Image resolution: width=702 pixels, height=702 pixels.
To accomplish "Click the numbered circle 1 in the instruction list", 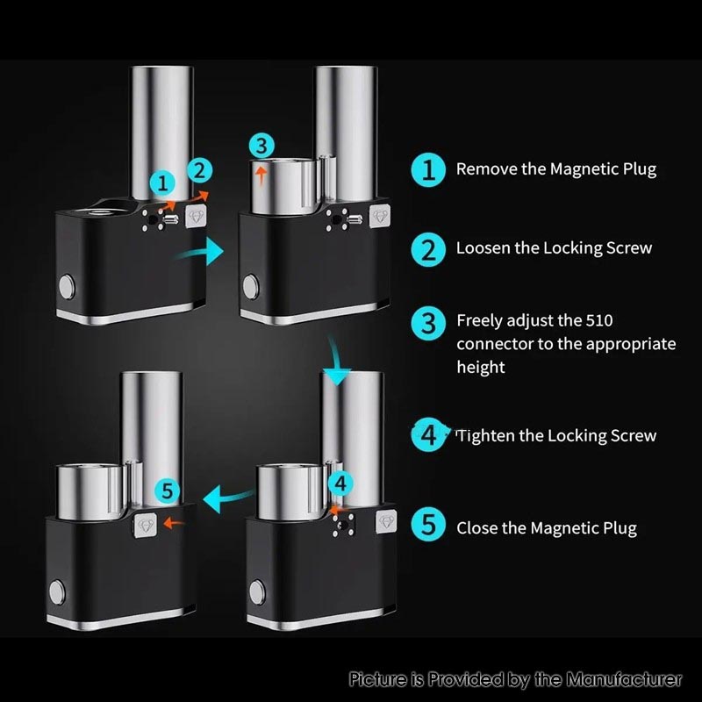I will (428, 169).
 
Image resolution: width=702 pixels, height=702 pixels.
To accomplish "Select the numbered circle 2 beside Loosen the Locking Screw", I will (428, 248).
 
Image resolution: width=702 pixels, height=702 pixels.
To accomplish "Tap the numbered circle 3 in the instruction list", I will (428, 322).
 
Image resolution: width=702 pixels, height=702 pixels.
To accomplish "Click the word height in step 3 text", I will (480, 367).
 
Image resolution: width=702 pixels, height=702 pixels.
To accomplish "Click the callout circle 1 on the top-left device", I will (162, 182).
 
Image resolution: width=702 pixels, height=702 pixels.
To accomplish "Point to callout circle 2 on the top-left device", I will (199, 169).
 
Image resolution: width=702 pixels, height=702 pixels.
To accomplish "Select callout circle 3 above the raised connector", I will (261, 145).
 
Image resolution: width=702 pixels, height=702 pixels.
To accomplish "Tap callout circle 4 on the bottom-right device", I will (342, 484).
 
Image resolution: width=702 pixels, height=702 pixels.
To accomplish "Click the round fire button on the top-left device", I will (65, 287).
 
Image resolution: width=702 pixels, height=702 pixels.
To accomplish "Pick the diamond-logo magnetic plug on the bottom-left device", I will (145, 526).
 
